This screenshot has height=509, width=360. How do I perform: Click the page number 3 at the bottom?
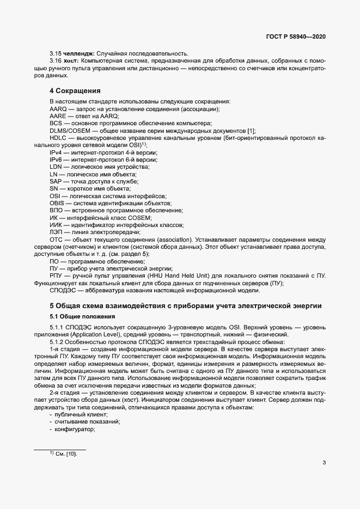coord(324,463)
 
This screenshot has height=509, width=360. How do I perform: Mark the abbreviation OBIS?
coord(57,203)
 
